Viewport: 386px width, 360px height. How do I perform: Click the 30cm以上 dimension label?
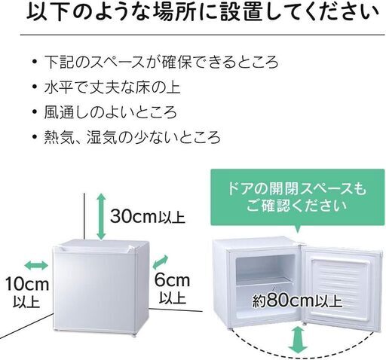pos(148,216)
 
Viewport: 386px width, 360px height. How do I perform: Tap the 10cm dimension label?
pos(27,284)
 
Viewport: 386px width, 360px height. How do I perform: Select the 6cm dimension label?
pos(172,280)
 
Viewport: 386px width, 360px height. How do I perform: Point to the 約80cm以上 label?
pos(297,301)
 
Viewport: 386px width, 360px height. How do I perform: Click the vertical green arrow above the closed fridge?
pos(101,216)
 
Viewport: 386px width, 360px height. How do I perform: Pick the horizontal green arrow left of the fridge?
pos(36,265)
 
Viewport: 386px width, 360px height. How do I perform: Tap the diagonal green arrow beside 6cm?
pos(161,262)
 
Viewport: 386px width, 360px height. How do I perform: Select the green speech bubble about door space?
pos(298,197)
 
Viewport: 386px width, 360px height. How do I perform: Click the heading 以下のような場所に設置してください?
pos(203,12)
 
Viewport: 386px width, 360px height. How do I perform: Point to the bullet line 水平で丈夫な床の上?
pos(112,87)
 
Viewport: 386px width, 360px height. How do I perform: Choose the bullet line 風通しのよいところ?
pos(111,112)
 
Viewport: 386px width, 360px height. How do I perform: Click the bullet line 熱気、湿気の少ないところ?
pos(132,137)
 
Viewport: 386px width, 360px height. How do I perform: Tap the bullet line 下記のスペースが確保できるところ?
pos(161,63)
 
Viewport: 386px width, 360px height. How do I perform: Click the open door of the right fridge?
pos(342,287)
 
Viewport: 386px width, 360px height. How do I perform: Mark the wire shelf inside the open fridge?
pos(265,282)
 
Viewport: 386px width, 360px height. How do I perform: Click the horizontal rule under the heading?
pos(203,35)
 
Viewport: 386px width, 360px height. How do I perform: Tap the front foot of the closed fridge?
pos(133,335)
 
